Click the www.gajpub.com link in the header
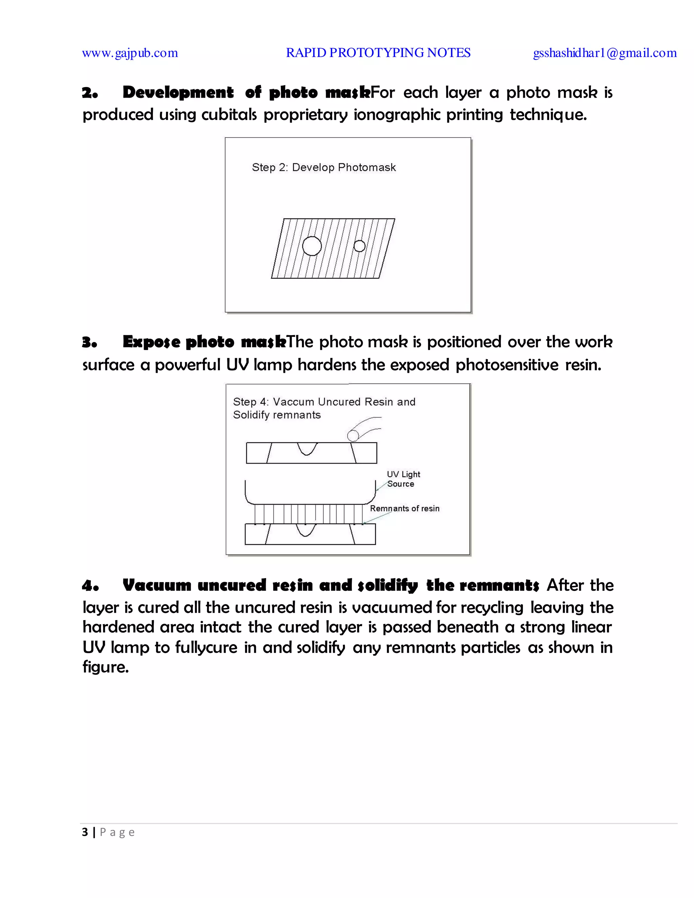[130, 53]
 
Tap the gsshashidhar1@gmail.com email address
[605, 53]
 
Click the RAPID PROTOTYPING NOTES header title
[378, 53]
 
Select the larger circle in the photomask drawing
[312, 246]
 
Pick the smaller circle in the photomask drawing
[359, 246]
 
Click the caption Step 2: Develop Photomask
[324, 167]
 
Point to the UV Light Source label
[403, 479]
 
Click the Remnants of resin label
[405, 509]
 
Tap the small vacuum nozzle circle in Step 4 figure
[353, 435]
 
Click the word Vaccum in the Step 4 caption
[293, 402]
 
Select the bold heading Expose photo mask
[204, 342]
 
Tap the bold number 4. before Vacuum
[90, 586]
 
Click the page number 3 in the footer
[85, 832]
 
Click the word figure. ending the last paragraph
[106, 667]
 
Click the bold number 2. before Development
[89, 93]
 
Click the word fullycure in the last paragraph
[206, 648]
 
